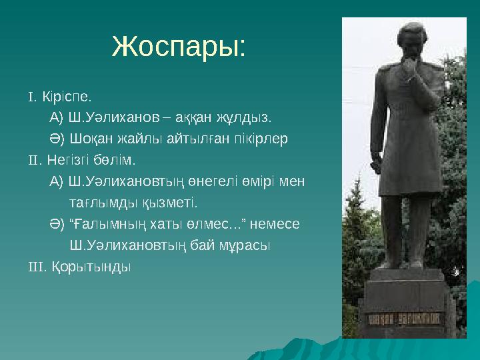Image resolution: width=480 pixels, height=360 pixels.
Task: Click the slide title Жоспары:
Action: tap(179, 47)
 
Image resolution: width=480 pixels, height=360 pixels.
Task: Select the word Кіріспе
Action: tap(67, 97)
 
